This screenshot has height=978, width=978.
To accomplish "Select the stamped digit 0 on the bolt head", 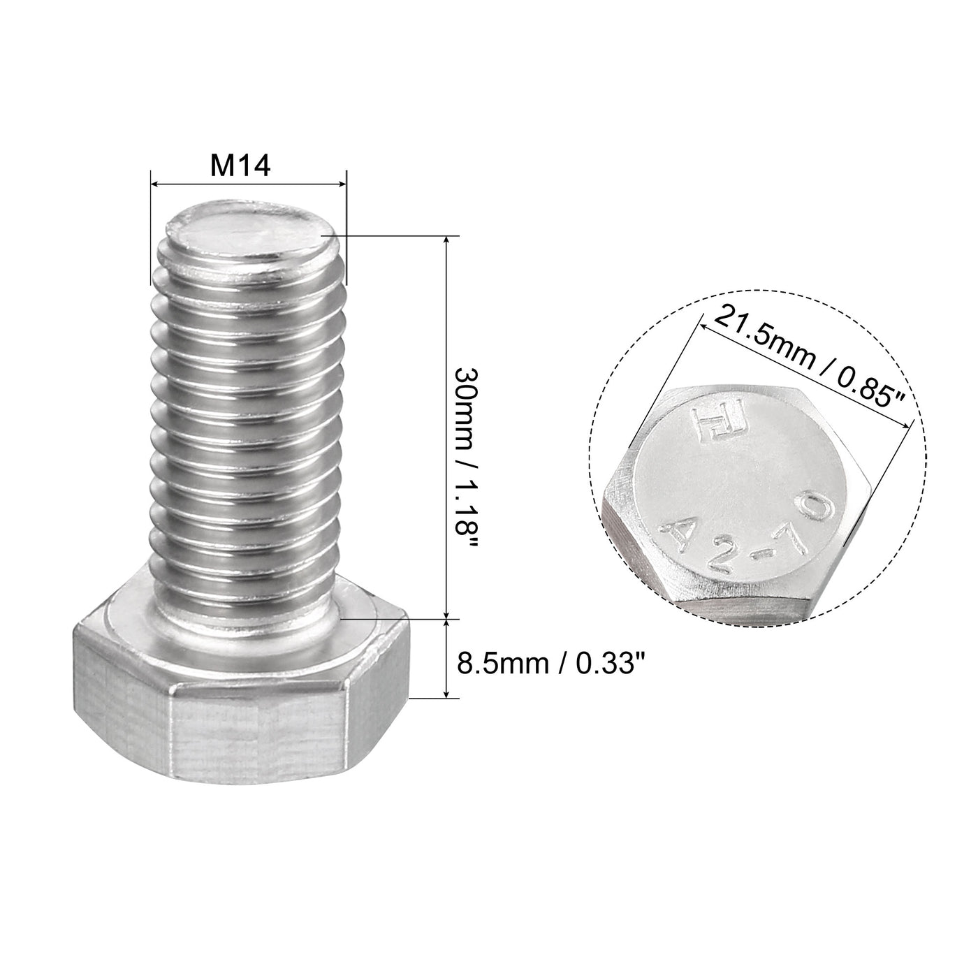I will (x=819, y=512).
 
